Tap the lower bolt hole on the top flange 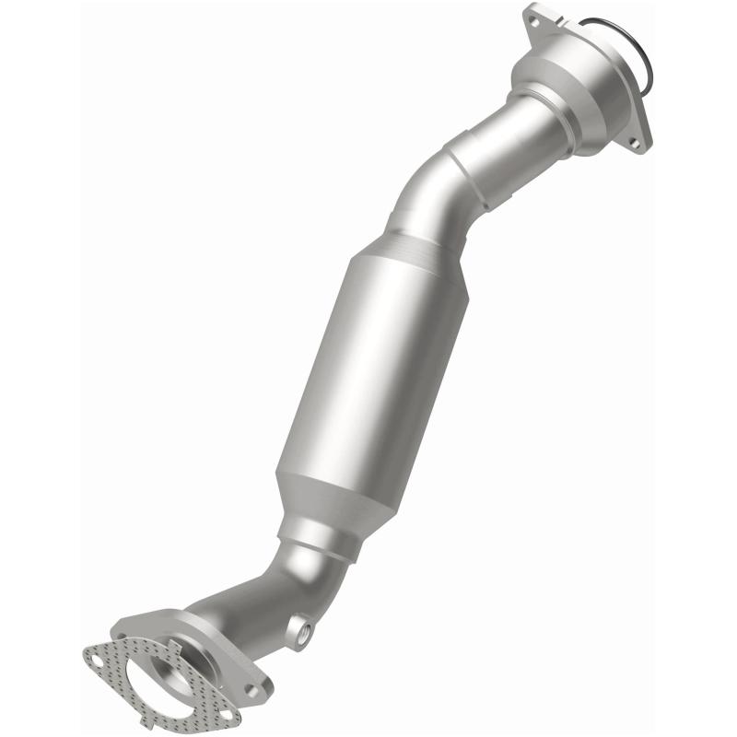[x=635, y=144]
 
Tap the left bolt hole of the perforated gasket [x=94, y=658]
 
